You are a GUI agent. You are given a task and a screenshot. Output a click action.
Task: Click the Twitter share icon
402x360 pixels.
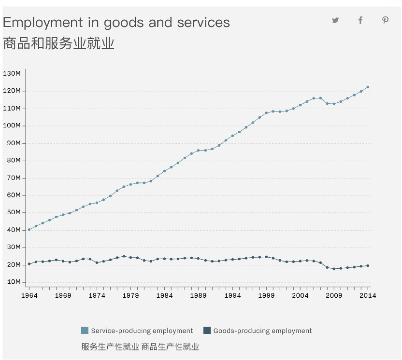tap(335, 20)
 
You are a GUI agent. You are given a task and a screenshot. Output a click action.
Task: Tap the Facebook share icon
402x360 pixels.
tap(360, 20)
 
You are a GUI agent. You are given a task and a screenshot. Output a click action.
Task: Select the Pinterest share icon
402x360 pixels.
tap(385, 20)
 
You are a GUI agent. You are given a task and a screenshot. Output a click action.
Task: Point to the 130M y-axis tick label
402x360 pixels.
tap(12, 74)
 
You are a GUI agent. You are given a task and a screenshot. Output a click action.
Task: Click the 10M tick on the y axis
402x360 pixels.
tap(13, 282)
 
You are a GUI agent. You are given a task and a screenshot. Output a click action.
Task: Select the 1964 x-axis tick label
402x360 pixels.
tap(29, 296)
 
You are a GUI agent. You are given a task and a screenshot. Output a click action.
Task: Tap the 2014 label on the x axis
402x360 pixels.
tap(368, 296)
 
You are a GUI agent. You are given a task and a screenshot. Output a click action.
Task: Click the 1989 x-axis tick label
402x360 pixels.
tap(199, 296)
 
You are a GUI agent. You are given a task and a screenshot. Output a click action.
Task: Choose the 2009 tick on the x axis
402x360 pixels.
tap(334, 296)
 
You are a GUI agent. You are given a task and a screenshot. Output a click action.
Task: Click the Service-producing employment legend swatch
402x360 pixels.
tap(85, 331)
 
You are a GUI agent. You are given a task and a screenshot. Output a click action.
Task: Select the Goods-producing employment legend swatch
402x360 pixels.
tap(207, 331)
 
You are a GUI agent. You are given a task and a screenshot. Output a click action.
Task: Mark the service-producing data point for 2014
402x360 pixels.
tap(368, 87)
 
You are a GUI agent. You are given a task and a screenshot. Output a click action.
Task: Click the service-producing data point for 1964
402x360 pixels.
tap(29, 230)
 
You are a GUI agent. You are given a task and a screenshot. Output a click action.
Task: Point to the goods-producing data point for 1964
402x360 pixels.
tap(29, 264)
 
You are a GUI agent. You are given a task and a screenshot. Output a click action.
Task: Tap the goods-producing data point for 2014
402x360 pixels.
tap(368, 265)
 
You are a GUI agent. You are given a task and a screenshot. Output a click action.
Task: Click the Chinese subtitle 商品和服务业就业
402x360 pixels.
tap(58, 44)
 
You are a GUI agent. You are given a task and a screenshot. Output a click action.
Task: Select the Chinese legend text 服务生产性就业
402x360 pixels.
tap(110, 347)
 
